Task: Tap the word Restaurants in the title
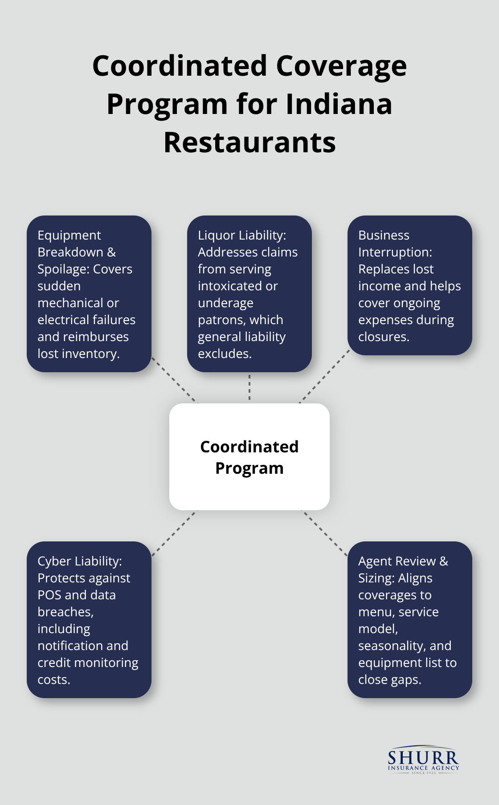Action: pos(250,142)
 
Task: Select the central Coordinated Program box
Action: pos(250,457)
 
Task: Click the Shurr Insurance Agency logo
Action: pos(423,760)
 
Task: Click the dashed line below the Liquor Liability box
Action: pos(250,387)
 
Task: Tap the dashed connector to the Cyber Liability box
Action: pos(174,533)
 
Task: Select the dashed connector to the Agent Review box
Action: pos(325,533)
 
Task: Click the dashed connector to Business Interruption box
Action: pos(325,376)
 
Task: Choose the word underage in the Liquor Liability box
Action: pos(225,303)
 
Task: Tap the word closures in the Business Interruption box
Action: pos(383,337)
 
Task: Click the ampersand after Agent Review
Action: pos(444,561)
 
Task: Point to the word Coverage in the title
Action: pos(341,66)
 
